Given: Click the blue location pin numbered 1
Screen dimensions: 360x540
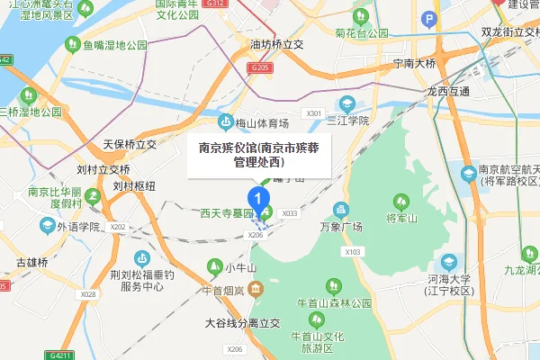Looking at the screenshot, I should pyautogui.click(x=259, y=196).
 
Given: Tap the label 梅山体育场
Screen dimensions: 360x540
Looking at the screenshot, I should pyautogui.click(x=262, y=123).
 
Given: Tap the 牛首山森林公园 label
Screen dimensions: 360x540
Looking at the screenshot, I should pyautogui.click(x=337, y=303).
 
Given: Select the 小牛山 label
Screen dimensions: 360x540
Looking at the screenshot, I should pyautogui.click(x=241, y=267).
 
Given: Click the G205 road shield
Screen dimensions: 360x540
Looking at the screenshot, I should pyautogui.click(x=261, y=67).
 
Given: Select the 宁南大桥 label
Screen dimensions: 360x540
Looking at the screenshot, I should pyautogui.click(x=408, y=64).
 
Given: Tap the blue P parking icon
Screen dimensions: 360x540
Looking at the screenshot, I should pyautogui.click(x=429, y=20).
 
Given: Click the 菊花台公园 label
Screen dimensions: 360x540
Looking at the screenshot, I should pyautogui.click(x=360, y=32).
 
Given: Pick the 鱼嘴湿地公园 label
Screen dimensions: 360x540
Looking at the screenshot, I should pyautogui.click(x=113, y=45).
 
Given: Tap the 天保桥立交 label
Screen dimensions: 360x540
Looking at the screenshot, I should pyautogui.click(x=130, y=144).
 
